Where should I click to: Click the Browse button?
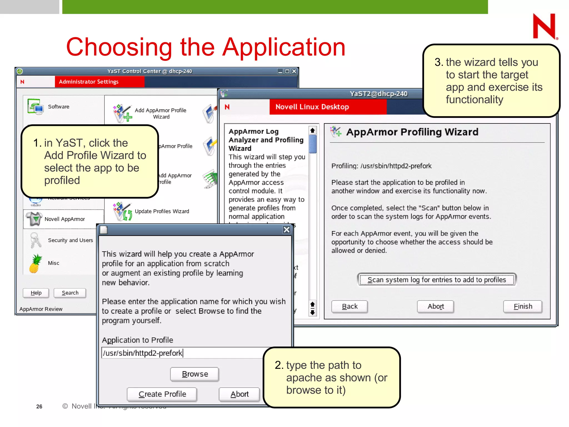click(194, 374)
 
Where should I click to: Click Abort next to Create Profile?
click(239, 394)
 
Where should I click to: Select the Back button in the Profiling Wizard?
click(350, 307)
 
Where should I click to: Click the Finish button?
click(523, 307)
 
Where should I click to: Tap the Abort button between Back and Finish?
click(435, 307)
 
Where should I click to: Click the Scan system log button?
click(436, 280)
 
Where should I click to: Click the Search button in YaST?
click(70, 293)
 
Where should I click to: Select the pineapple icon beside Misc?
click(36, 264)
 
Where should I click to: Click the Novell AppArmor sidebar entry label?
click(65, 219)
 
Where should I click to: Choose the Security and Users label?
click(70, 240)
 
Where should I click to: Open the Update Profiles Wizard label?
click(162, 211)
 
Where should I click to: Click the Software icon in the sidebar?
click(35, 106)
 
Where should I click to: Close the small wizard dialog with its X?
click(286, 230)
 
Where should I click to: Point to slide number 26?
click(39, 406)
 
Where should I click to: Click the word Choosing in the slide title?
click(119, 47)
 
